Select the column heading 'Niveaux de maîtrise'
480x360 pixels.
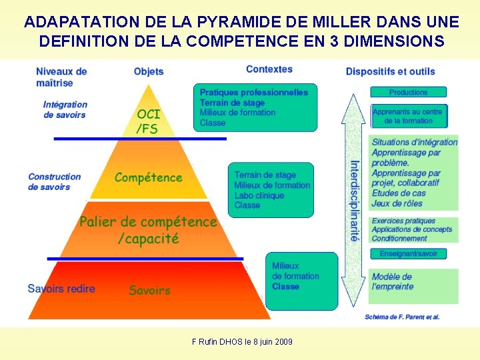(61, 77)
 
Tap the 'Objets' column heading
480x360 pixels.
(149, 71)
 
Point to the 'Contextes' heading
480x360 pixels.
(269, 69)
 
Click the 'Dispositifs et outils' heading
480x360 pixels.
(390, 71)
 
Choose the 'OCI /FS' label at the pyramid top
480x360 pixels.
(148, 121)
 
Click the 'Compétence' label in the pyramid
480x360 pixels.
(148, 177)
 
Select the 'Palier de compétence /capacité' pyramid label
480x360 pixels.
(148, 229)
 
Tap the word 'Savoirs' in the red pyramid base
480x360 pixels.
(149, 290)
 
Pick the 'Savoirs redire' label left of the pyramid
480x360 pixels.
(61, 289)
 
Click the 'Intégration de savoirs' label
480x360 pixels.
(65, 109)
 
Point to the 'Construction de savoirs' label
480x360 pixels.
(55, 181)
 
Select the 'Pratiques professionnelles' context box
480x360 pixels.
(255, 107)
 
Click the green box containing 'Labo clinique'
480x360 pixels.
(271, 189)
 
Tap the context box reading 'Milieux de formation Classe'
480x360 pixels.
(301, 279)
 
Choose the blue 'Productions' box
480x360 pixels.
(409, 92)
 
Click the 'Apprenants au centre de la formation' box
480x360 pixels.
(408, 116)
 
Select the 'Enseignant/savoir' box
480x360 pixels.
(409, 253)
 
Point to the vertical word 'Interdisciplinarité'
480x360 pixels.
(355, 200)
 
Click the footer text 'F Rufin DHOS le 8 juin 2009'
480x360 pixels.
(242, 342)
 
